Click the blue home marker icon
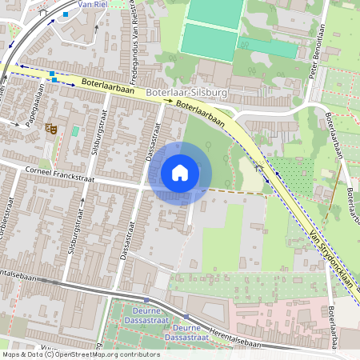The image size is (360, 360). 180,173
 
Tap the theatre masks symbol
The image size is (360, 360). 52,126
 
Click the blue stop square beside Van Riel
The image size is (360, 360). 66,14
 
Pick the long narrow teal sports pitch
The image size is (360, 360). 268,47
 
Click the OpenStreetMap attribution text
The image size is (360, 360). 80,354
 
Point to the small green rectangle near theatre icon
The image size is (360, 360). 75,130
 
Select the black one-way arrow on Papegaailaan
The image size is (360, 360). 14,123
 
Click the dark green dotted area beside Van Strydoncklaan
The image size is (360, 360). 300,172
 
